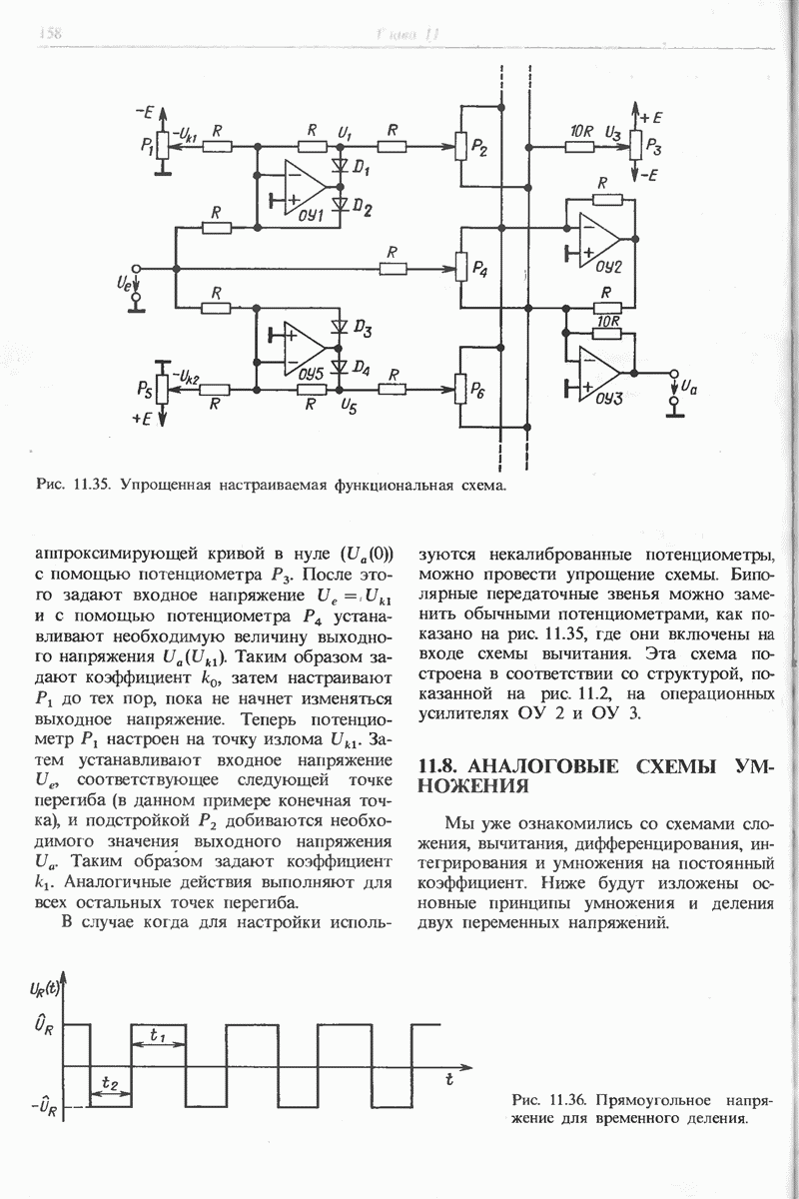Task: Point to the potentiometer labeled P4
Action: pyautogui.click(x=461, y=269)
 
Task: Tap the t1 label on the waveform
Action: pyautogui.click(x=158, y=1034)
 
